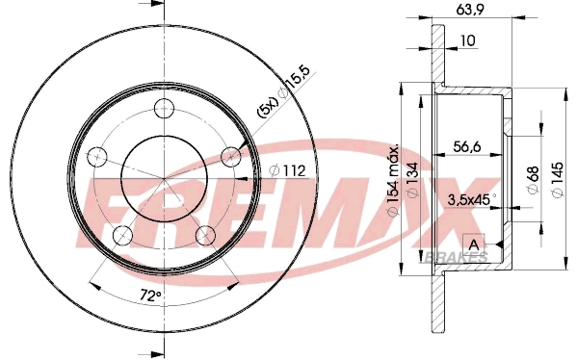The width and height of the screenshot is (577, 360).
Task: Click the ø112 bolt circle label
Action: (288, 171)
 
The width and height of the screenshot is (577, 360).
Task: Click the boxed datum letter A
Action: (473, 241)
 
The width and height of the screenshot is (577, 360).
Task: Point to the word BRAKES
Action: (456, 257)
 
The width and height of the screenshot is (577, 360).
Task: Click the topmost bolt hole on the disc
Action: (163, 108)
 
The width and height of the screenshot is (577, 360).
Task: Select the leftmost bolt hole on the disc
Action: (95, 155)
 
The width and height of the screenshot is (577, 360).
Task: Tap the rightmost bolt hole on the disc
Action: (231, 156)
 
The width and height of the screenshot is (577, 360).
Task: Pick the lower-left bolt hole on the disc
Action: (121, 235)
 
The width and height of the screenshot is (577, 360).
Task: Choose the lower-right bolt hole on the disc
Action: (205, 234)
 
